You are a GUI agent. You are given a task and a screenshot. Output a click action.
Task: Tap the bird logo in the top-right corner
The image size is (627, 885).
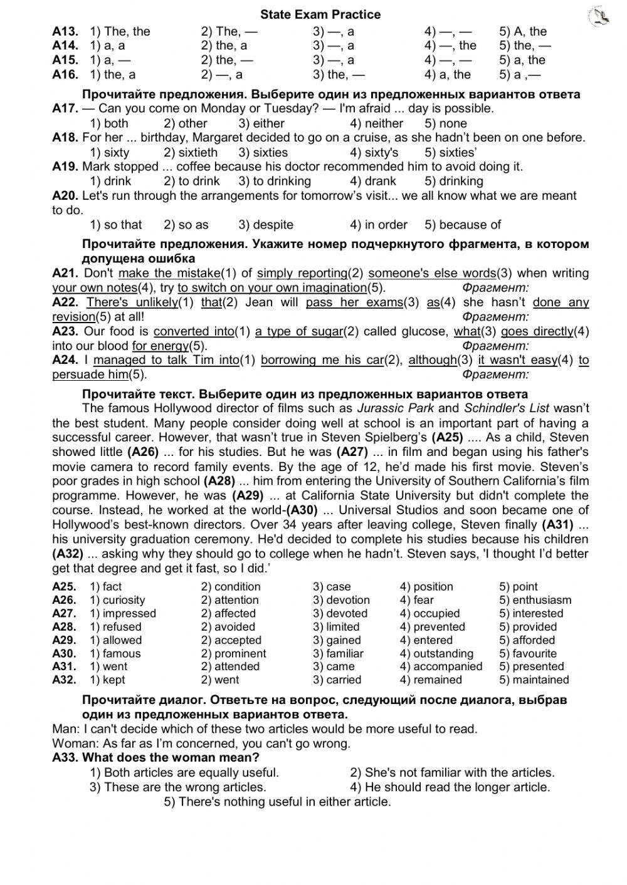599,17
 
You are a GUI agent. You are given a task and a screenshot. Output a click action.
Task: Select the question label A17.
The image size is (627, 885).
65,108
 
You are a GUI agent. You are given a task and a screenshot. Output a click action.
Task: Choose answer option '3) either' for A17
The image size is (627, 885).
261,123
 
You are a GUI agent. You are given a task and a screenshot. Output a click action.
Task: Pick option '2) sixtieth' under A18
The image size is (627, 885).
191,152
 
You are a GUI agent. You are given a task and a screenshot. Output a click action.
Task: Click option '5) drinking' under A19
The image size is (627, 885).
453,181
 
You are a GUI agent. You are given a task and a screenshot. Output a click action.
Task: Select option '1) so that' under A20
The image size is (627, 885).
116,224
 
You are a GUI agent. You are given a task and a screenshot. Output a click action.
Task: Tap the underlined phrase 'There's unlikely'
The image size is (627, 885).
132,303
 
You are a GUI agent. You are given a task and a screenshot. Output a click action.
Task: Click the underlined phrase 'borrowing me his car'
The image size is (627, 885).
322,360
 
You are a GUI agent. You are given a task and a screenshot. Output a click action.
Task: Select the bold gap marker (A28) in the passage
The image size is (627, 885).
219,481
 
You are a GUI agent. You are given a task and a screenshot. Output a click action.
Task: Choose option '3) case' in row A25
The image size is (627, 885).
332,587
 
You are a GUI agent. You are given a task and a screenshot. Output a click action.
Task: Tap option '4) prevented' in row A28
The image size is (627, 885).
432,626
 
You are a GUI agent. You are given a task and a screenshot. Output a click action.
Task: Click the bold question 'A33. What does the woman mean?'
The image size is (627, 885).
155,758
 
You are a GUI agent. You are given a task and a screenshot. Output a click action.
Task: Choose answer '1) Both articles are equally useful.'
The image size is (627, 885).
184,772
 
